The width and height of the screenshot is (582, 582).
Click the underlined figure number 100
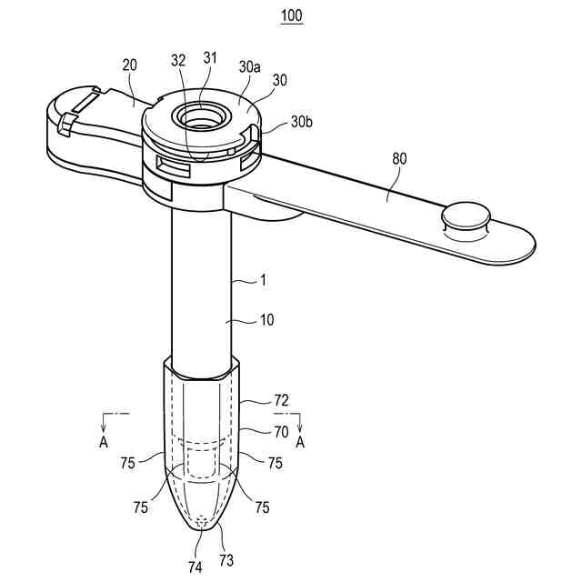coord(291,16)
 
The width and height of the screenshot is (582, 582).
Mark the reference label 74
coord(195,567)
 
